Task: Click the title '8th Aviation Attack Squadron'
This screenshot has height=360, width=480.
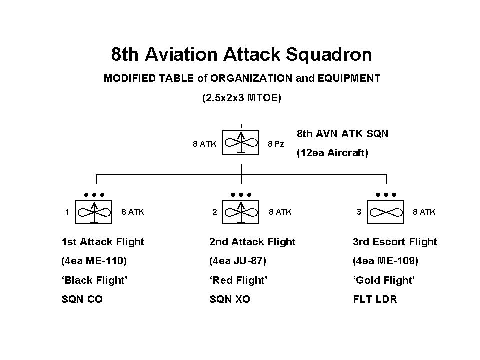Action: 241,55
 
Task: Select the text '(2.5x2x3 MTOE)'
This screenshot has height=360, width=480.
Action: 241,98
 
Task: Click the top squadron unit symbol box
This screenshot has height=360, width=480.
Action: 241,143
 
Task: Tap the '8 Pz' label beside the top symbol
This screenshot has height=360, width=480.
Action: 276,144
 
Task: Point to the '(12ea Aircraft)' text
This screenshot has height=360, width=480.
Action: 332,153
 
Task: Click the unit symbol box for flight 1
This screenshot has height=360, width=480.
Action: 94,212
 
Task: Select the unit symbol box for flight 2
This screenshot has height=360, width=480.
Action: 241,212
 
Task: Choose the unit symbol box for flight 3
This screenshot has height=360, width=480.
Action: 386,212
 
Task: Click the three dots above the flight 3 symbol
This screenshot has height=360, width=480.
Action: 386,194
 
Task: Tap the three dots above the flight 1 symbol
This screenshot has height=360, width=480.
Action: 94,194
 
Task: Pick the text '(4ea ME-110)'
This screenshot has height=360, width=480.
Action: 94,261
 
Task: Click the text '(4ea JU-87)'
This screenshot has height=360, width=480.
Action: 238,261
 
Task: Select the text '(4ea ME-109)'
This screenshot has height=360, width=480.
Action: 385,261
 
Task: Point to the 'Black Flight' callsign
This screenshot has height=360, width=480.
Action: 94,280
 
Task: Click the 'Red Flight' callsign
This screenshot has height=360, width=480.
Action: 238,280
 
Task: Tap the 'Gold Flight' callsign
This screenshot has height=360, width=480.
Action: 384,280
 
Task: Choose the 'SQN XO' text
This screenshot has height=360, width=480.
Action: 230,300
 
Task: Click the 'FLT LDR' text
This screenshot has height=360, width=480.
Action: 375,300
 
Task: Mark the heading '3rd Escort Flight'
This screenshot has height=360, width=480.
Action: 395,242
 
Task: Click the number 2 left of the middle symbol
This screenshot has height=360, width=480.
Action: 215,212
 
